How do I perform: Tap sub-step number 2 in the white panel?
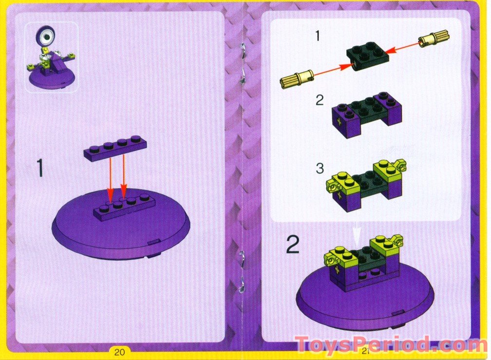(x=320, y=101)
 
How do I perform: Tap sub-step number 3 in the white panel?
(x=320, y=169)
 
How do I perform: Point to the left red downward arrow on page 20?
(x=111, y=180)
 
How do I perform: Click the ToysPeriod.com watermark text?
(x=390, y=345)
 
